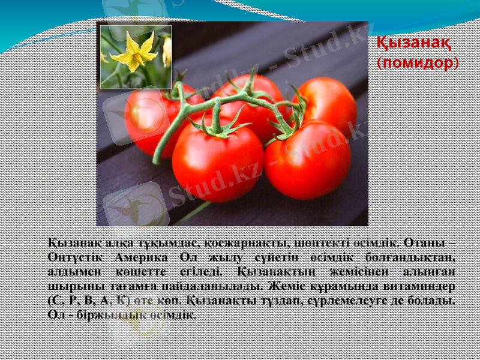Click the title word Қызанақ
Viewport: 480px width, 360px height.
click(x=414, y=43)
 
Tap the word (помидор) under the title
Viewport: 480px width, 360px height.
click(x=418, y=62)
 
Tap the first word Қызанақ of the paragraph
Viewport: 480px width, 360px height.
click(x=67, y=243)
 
